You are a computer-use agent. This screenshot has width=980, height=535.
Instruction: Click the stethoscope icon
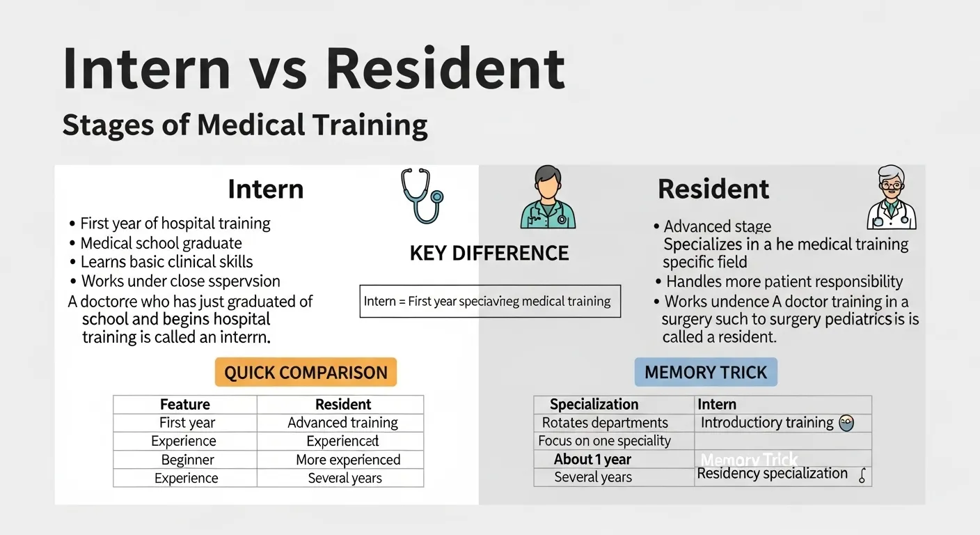click(422, 196)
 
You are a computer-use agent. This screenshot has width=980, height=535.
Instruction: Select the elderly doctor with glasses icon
click(891, 198)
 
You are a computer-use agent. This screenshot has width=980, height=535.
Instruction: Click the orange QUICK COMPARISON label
click(306, 372)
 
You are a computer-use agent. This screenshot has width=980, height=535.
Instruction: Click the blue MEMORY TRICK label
click(705, 372)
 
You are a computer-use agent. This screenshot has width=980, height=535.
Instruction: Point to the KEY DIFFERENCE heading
click(489, 253)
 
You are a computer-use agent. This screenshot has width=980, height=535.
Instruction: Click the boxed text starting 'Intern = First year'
click(489, 302)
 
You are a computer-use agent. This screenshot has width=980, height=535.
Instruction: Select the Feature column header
click(185, 405)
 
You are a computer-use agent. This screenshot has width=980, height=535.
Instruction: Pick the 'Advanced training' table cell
click(342, 423)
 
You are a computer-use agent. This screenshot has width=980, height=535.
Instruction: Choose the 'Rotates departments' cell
click(605, 423)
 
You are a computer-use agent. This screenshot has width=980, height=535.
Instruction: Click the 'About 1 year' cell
click(592, 459)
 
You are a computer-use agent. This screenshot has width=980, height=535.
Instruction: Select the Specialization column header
click(594, 405)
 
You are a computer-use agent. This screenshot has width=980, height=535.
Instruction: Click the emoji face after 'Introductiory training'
click(846, 423)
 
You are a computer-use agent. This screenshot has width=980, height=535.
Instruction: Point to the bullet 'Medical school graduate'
click(161, 243)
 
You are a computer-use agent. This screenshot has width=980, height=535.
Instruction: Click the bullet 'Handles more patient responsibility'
click(784, 281)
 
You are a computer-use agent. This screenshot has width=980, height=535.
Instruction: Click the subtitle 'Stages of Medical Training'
click(244, 125)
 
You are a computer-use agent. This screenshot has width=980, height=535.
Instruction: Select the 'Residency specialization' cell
click(772, 474)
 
